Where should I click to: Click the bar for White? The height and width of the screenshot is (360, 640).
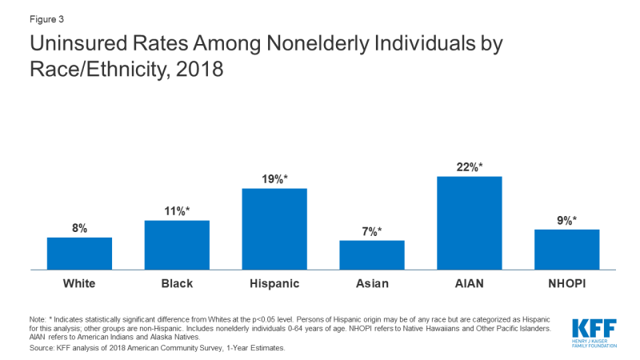[x=79, y=253]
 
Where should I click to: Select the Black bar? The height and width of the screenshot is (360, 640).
[x=177, y=245]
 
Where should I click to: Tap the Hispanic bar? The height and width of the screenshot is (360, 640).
[x=274, y=229]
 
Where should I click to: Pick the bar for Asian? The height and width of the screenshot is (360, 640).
[x=372, y=254]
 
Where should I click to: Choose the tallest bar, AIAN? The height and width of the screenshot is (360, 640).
[x=470, y=222]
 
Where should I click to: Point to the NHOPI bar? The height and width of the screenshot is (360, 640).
[x=566, y=249]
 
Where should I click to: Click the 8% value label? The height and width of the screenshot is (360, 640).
[x=79, y=228]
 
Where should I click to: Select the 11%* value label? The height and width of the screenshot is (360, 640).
[x=178, y=211]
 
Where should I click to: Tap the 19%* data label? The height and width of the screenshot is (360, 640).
[x=275, y=179]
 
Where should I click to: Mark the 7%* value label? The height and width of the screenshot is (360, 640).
[x=373, y=231]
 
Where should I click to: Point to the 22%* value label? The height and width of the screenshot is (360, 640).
[x=470, y=166]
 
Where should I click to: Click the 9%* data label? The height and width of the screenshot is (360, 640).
[x=567, y=220]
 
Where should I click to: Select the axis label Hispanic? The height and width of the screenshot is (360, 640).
[x=274, y=283]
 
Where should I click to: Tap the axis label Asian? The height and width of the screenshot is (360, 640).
[x=372, y=283]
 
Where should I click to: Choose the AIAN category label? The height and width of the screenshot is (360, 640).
[x=470, y=283]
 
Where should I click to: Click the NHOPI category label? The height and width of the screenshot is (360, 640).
[x=566, y=283]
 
